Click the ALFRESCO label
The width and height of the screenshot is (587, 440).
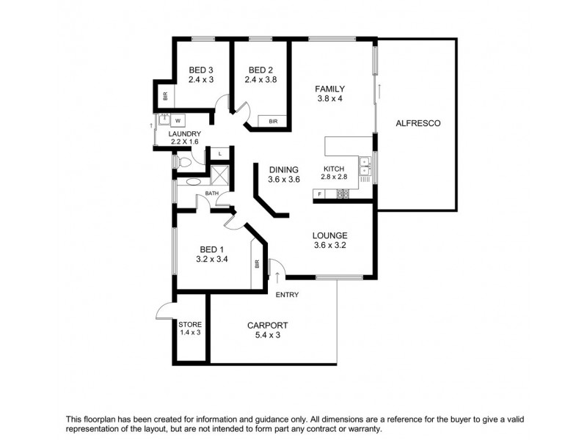(418, 123)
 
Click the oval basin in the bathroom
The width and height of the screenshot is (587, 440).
(193, 181)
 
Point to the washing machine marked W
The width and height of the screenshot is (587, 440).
(177, 121)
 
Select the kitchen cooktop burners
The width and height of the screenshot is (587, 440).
(342, 194)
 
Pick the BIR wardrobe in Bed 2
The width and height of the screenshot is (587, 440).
(272, 121)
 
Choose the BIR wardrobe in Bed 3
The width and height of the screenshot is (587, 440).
(165, 95)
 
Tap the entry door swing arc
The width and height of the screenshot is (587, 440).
(277, 269)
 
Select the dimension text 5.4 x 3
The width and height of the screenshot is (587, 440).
(267, 335)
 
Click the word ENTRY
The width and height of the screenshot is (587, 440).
(287, 295)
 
